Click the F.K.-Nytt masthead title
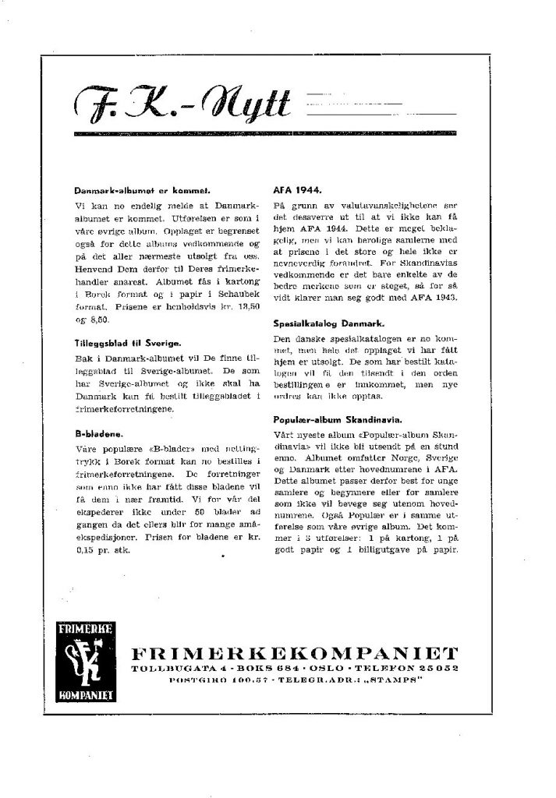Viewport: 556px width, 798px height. [x=183, y=104]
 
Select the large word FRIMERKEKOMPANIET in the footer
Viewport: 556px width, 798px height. [x=296, y=652]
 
